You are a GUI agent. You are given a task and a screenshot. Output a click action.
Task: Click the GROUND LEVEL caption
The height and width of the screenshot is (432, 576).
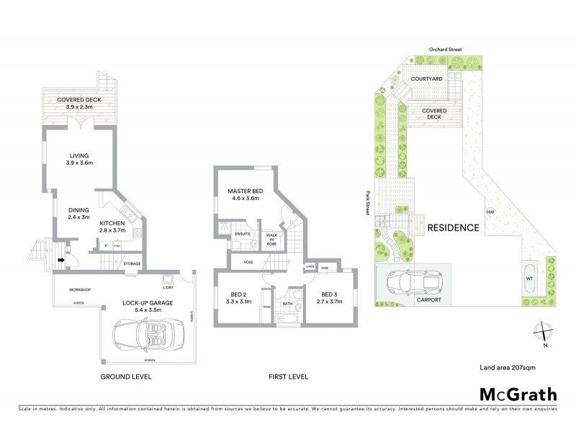[x=127, y=377]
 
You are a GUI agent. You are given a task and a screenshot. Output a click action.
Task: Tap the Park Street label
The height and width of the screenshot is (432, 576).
[x=367, y=203]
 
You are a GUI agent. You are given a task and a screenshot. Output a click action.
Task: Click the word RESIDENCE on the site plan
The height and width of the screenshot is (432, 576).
[x=453, y=228]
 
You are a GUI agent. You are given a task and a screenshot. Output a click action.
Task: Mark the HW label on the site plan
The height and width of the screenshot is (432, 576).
[x=490, y=212]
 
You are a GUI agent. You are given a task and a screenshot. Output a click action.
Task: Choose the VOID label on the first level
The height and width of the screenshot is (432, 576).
[x=248, y=262]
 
